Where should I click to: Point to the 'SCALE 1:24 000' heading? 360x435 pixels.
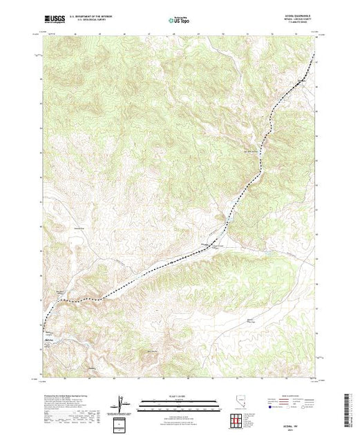point(179,396)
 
